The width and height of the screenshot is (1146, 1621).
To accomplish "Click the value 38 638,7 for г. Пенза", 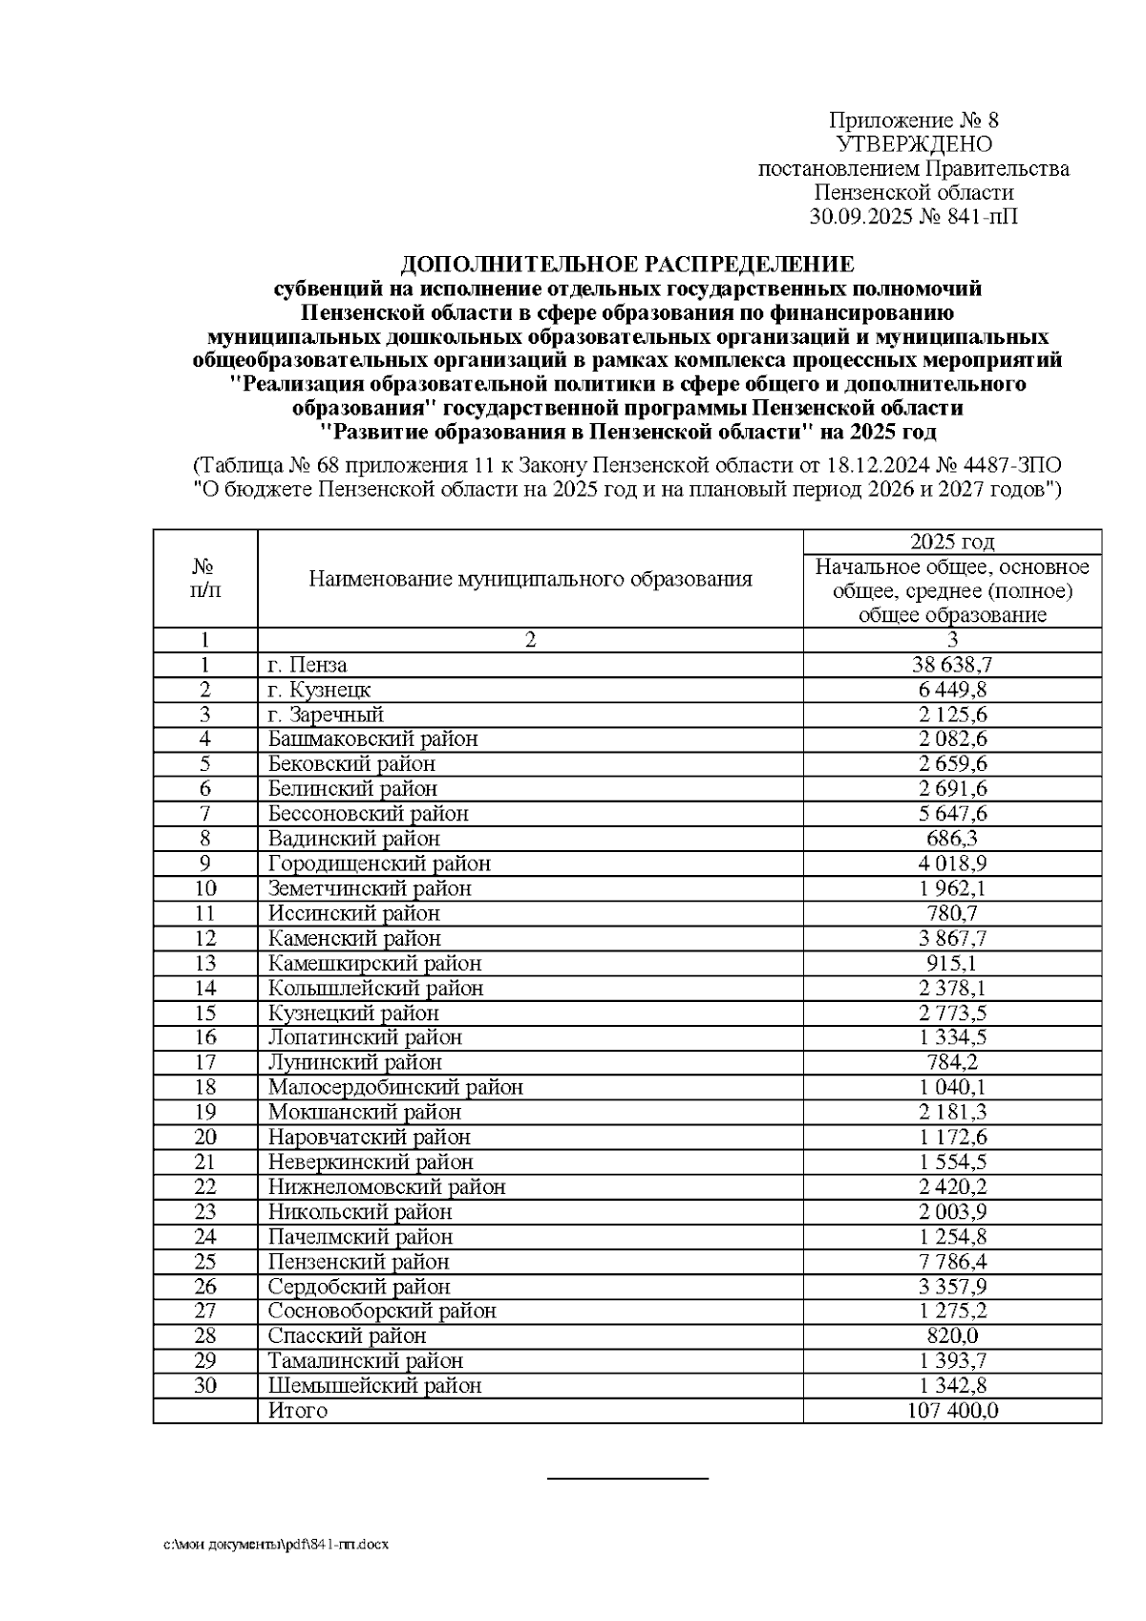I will pyautogui.click(x=951, y=665).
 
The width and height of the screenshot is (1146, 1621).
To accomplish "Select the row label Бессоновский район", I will pyautogui.click(x=368, y=814).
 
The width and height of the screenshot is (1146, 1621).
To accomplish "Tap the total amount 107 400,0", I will pyautogui.click(x=951, y=1411).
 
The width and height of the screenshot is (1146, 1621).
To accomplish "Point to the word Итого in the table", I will pyautogui.click(x=297, y=1411).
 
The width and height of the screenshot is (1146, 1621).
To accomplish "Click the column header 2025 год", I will pyautogui.click(x=951, y=542).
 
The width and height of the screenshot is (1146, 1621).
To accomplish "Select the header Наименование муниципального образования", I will pyautogui.click(x=530, y=579).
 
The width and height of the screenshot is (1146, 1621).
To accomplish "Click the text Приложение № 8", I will pyautogui.click(x=913, y=120).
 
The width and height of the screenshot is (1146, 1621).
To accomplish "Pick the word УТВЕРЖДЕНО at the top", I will pyautogui.click(x=913, y=144).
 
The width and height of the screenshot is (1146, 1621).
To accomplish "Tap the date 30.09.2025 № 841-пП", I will pyautogui.click(x=913, y=217).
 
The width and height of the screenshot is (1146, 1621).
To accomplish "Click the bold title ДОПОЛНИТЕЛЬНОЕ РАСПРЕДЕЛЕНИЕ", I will pyautogui.click(x=626, y=264).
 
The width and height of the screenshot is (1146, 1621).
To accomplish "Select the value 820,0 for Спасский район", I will pyautogui.click(x=951, y=1336).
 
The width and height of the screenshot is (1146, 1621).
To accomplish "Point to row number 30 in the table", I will pyautogui.click(x=205, y=1385).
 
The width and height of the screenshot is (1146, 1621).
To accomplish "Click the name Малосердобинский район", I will pyautogui.click(x=395, y=1087).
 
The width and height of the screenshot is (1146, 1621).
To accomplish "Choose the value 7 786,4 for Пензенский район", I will pyautogui.click(x=951, y=1262).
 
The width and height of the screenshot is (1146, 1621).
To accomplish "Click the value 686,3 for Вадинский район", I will pyautogui.click(x=951, y=839).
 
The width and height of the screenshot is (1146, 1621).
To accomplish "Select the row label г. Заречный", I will pyautogui.click(x=326, y=715).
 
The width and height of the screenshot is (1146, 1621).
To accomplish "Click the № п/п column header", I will pyautogui.click(x=205, y=579).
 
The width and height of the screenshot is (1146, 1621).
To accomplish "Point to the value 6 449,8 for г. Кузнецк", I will pyautogui.click(x=951, y=690).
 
